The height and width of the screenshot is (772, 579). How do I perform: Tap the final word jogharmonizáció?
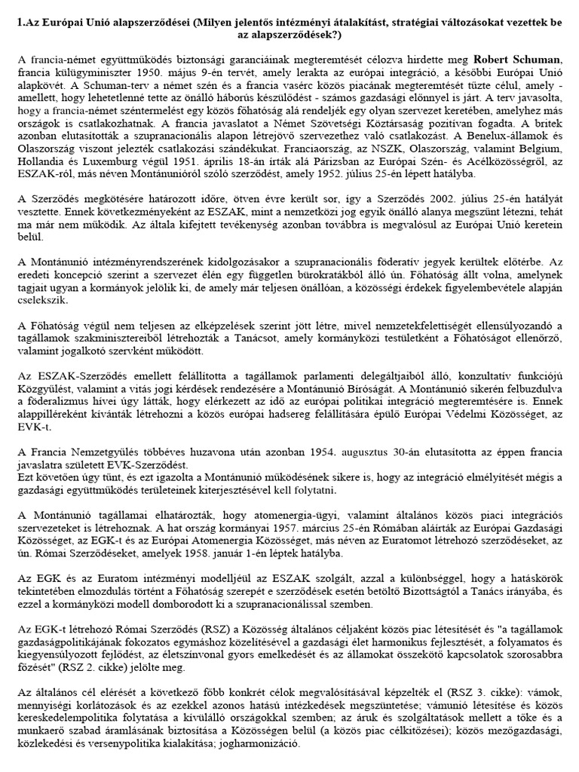(260, 742)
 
